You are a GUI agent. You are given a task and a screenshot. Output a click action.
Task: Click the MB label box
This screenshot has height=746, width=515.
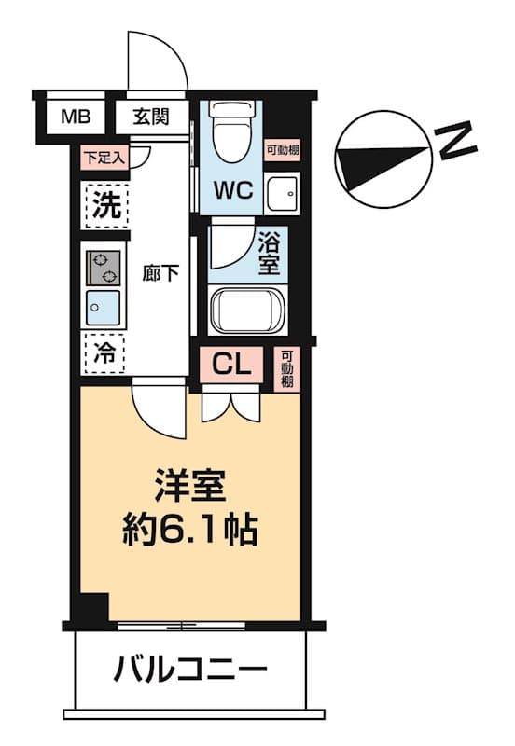77,117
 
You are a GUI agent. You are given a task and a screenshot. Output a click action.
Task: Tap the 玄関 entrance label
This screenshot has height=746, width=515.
150,117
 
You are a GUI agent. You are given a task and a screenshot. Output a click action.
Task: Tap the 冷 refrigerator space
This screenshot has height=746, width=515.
104,352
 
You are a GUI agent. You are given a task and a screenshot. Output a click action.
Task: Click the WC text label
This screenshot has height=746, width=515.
232,190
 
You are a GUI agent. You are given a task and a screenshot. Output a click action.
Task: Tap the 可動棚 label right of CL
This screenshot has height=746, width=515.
288,370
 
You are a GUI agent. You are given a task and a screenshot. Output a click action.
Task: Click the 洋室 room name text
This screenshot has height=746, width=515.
190,489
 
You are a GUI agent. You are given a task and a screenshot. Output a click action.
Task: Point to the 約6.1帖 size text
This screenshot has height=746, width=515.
190,531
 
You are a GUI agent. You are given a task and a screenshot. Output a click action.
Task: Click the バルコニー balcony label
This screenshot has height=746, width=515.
190,669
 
